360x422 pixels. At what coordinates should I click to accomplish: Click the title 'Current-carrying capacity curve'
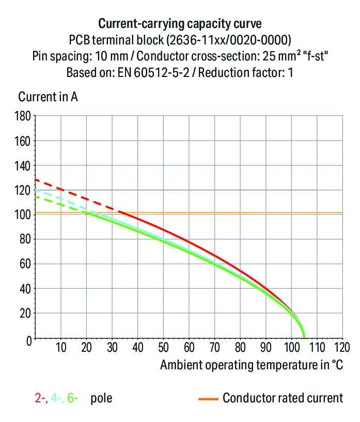coord(180,23)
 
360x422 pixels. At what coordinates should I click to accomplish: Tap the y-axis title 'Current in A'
coord(48,97)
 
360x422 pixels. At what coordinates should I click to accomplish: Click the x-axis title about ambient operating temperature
coord(251,365)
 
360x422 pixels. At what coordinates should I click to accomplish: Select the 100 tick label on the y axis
coord(24,214)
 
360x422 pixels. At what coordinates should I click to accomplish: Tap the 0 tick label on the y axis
coord(29,340)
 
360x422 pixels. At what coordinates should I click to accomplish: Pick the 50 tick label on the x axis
coord(163,347)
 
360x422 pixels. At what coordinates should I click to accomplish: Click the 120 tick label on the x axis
coord(341,347)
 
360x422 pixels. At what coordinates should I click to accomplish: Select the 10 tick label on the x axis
coord(60,347)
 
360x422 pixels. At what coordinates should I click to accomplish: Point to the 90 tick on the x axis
coord(265,347)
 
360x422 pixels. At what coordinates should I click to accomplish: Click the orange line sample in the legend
coord(207,398)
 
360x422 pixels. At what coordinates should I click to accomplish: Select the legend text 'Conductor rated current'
coord(283,398)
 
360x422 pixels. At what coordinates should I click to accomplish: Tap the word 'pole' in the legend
coord(101,398)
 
